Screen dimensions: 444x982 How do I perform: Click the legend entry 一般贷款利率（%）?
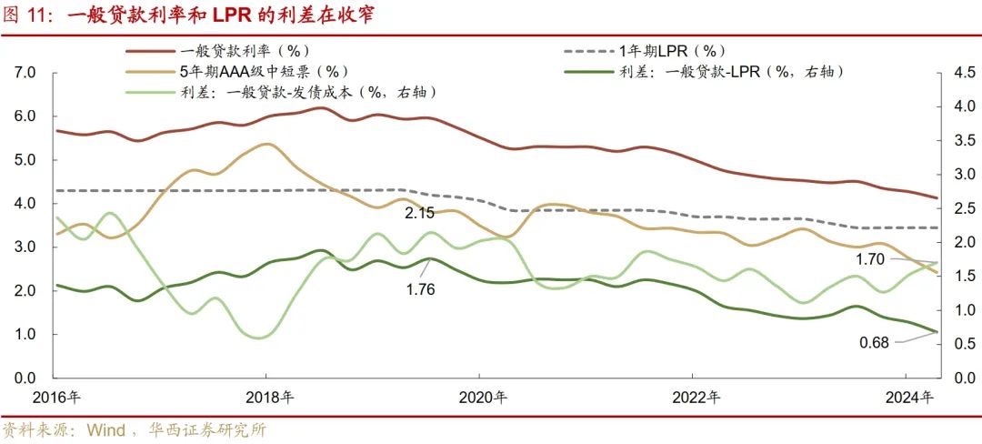(245, 52)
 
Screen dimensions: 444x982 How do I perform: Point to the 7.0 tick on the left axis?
(25, 73)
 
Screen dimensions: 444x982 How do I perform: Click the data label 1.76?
(420, 289)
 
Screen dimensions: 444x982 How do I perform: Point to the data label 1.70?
(871, 259)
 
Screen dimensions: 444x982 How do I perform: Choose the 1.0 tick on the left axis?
(25, 335)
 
